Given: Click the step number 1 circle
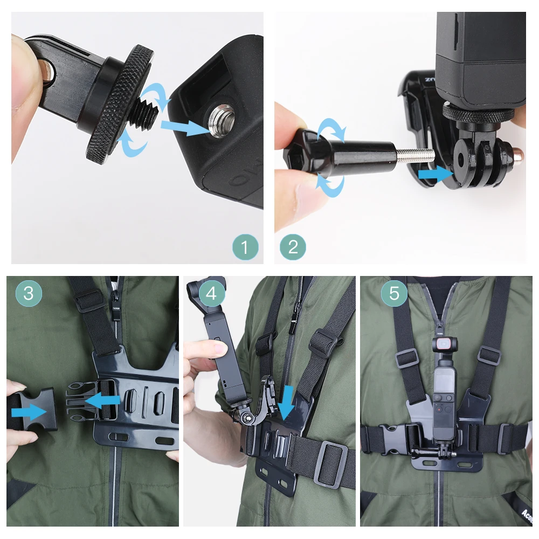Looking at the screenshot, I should tap(245, 248).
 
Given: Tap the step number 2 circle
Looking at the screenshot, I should tap(293, 248).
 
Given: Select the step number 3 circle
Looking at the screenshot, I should tap(29, 293).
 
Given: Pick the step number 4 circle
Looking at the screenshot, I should tap(212, 294).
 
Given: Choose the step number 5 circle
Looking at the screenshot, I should tap(394, 294).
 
